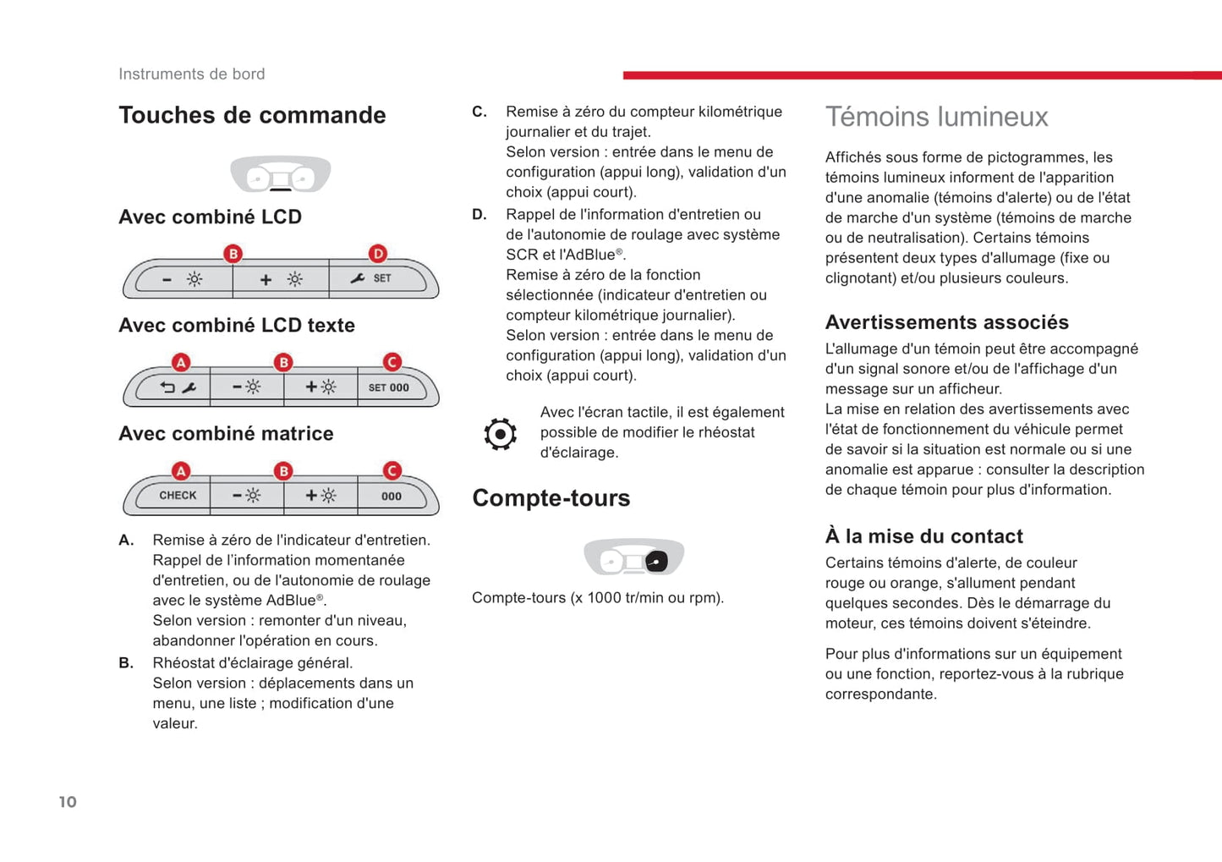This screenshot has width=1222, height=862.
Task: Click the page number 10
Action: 68,802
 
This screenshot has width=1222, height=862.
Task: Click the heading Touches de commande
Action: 252,115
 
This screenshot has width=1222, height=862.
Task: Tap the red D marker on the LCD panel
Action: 378,253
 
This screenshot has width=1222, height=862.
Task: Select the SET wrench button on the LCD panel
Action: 372,278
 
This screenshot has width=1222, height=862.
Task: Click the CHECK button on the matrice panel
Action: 177,496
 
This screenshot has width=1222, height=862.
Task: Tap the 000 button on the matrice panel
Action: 391,497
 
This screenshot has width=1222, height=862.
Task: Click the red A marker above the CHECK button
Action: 181,471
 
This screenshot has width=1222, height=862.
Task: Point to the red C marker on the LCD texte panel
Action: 392,362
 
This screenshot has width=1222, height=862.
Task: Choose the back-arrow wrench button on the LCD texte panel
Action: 178,387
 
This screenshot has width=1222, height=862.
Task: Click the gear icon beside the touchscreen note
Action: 500,434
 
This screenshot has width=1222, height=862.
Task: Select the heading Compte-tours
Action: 551,498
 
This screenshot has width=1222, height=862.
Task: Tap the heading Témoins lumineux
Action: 936,117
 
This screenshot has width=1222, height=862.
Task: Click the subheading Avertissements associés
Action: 946,322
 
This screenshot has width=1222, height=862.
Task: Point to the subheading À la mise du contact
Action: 923,536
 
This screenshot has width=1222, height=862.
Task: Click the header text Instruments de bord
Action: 191,74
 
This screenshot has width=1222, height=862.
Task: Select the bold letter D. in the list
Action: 479,215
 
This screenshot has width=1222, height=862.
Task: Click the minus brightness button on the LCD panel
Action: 183,279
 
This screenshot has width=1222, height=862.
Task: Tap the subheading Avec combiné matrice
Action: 226,434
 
